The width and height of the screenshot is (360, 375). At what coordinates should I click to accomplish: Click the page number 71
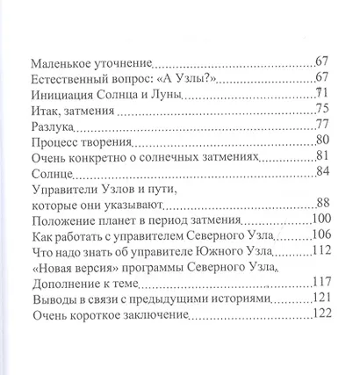321,92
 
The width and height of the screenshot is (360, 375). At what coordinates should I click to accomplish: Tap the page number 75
321,109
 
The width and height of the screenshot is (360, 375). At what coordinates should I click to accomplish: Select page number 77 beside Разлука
321,124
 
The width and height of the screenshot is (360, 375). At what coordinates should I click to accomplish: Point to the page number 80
321,141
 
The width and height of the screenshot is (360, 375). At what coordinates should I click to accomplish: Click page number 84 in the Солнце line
321,172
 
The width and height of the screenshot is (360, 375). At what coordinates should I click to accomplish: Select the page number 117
318,284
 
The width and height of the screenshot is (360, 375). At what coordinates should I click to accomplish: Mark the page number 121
318,299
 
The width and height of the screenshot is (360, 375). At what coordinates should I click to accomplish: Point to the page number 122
318,316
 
